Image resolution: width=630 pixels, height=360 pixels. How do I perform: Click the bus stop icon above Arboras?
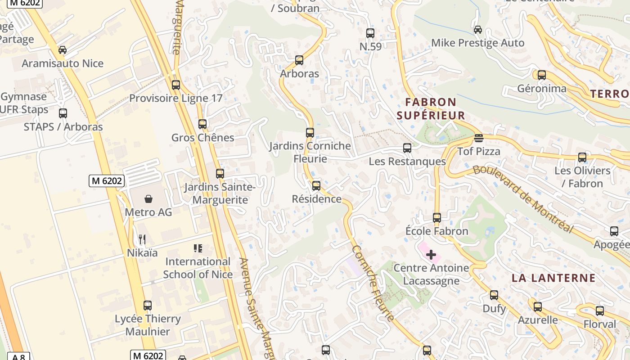coord(299,60)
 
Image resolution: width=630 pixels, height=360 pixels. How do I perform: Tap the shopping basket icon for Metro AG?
coord(148,198)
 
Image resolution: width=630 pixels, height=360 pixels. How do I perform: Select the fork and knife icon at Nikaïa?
coord(142,239)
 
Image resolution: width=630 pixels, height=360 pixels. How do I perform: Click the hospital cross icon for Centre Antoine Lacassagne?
coord(431,255)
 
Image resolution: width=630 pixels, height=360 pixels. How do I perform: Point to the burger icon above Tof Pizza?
coord(478,138)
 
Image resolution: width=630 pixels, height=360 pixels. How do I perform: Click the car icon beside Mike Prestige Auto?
coord(477,30)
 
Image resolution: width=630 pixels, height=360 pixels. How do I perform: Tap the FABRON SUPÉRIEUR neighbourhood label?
coord(430,109)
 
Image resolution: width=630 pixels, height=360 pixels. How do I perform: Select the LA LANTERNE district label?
coord(553,278)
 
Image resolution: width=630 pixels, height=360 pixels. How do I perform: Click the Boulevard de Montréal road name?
coord(523,199)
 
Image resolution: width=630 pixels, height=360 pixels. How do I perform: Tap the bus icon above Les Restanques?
coord(407,148)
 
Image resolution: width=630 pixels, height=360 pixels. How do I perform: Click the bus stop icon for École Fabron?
coord(436,218)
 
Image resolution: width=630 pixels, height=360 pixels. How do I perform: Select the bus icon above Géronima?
coord(541,75)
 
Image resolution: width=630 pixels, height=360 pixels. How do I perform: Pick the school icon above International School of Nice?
coord(198,248)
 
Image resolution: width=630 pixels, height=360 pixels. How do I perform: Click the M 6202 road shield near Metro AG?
coord(107,181)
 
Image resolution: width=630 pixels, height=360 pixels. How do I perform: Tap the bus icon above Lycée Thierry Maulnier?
coord(147,305)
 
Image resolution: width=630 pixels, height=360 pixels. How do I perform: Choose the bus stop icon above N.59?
coord(370,33)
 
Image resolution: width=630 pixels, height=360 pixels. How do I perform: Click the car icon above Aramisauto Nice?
coord(62,50)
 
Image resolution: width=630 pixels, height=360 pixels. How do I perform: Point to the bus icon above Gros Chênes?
coord(202,124)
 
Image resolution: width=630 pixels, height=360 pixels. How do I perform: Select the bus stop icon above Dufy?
coord(494,295)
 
